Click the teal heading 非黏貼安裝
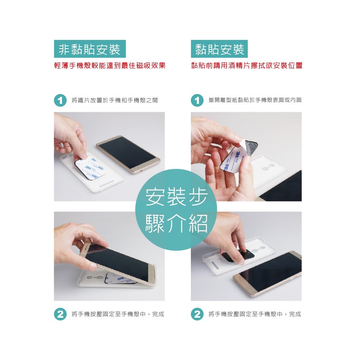pyautogui.click(x=90, y=49)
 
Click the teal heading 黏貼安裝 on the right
pyautogui.click(x=219, y=49)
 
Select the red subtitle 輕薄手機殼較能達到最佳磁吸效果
pyautogui.click(x=110, y=66)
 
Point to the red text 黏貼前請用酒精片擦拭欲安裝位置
pyautogui.click(x=247, y=66)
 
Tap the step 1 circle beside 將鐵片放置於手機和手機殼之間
pyautogui.click(x=60, y=100)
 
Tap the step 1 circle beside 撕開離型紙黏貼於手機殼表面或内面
pyautogui.click(x=197, y=100)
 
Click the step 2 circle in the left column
pyautogui.click(x=60, y=314)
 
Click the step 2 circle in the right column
pyautogui.click(x=197, y=314)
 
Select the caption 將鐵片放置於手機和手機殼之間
pyautogui.click(x=115, y=100)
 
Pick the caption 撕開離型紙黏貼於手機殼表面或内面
pyautogui.click(x=255, y=100)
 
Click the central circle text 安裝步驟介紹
pyautogui.click(x=176, y=209)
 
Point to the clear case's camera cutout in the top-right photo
pyautogui.click(x=268, y=168)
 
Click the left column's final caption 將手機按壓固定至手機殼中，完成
pyautogui.click(x=118, y=314)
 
